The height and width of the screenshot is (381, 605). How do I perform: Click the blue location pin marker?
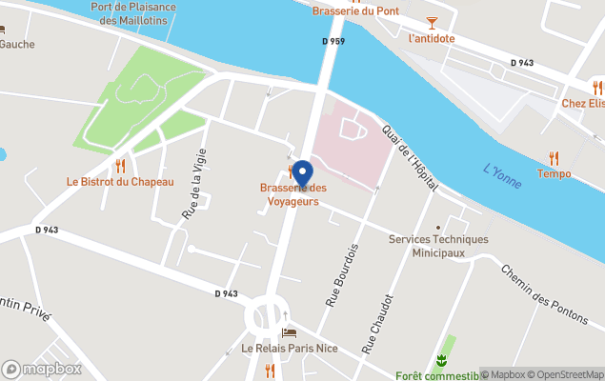tap(302, 174)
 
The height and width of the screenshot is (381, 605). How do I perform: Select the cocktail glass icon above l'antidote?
tap(431, 22)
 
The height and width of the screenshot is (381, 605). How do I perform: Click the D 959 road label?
tap(333, 42)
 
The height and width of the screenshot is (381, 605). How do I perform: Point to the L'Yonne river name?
tap(502, 176)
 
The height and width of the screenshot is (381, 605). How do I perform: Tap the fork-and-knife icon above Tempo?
tap(554, 158)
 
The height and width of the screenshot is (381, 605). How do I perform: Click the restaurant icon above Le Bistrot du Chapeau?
tap(120, 166)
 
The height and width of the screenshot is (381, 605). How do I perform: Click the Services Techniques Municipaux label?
tap(437, 246)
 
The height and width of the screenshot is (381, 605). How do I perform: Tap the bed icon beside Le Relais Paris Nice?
tap(290, 332)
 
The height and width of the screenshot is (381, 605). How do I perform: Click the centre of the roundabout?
tap(266, 315)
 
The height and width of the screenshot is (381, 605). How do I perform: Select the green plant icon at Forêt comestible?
tap(441, 360)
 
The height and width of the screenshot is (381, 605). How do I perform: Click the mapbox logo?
tap(43, 369)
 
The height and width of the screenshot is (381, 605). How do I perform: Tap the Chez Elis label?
tap(582, 103)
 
